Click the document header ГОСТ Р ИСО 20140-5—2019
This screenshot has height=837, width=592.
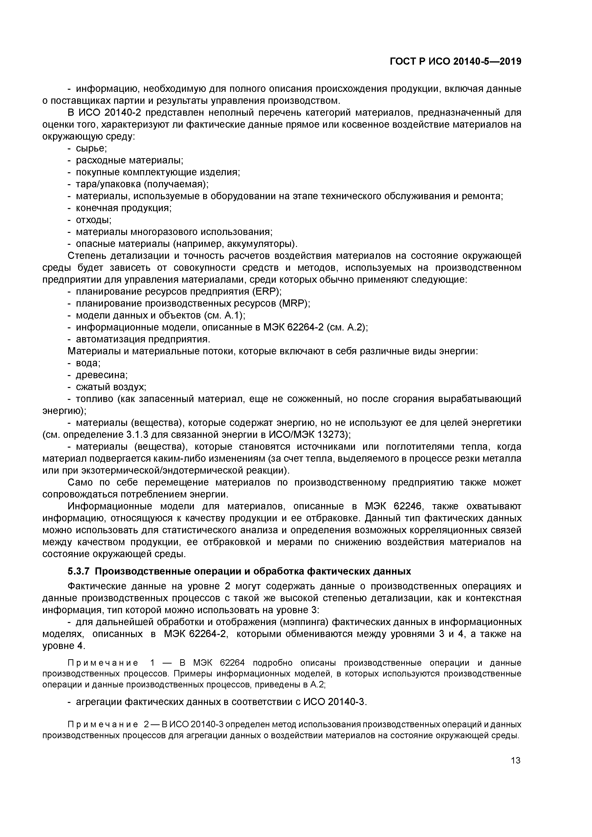(455, 62)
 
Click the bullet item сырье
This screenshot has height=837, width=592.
(91, 148)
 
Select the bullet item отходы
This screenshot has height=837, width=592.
(93, 220)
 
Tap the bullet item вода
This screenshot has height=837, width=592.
(88, 363)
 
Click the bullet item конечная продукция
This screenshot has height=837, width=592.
(123, 208)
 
